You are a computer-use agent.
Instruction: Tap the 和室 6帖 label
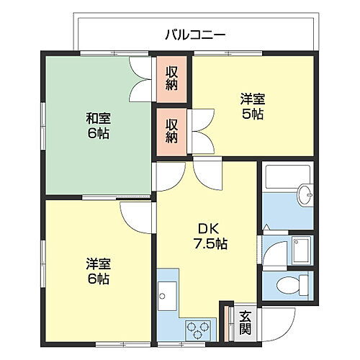pyautogui.click(x=98, y=126)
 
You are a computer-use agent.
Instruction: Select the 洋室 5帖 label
pyautogui.click(x=252, y=107)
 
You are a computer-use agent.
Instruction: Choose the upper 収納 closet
pyautogui.click(x=172, y=77)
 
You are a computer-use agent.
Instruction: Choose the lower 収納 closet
pyautogui.click(x=172, y=130)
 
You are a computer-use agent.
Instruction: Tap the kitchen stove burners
pyautogui.click(x=197, y=328)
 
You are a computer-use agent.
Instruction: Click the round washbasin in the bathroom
pyautogui.click(x=305, y=193)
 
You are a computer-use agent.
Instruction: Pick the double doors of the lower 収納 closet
pyautogui.click(x=202, y=130)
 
